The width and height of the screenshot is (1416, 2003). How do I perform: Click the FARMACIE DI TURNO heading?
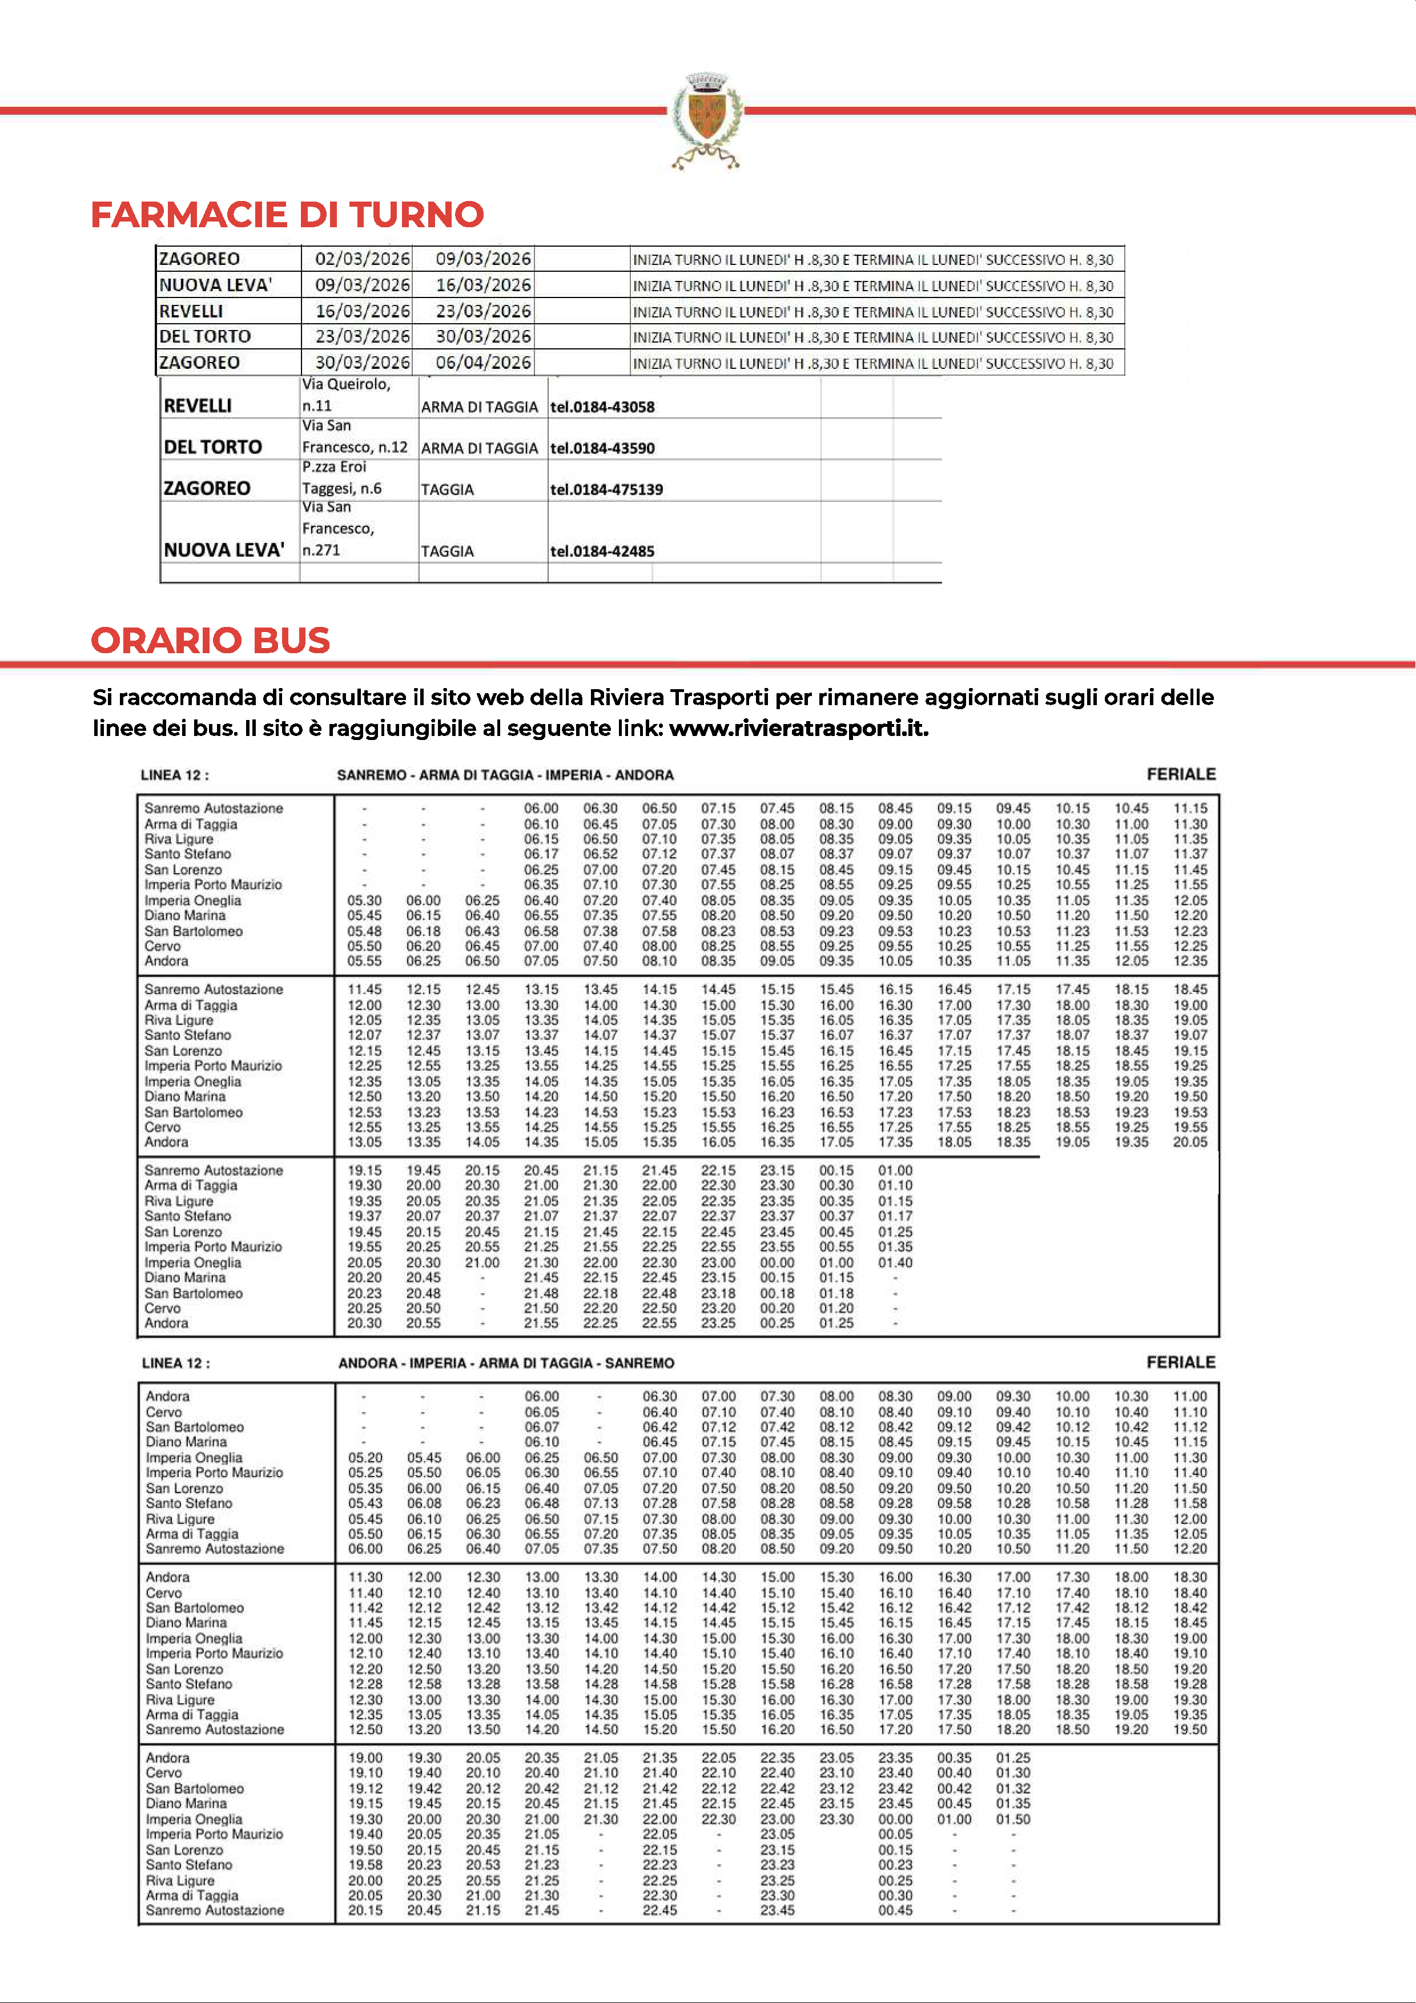click(x=287, y=215)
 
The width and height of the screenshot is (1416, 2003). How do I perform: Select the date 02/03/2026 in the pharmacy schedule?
click(x=362, y=259)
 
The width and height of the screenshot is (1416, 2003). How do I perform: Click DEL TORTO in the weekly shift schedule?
click(x=205, y=337)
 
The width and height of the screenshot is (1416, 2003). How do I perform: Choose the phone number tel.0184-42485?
click(x=602, y=552)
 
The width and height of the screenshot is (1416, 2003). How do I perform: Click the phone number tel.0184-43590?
click(x=602, y=448)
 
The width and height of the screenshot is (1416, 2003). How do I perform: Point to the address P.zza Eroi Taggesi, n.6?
click(x=342, y=477)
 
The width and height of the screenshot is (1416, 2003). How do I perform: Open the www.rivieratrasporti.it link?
click(x=798, y=729)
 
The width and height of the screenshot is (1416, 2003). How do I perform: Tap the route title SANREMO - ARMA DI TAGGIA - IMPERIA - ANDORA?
click(x=505, y=775)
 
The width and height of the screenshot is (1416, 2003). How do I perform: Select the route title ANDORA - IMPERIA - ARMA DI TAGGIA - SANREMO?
click(x=506, y=1363)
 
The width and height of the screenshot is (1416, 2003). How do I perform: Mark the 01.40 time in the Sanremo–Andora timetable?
click(x=895, y=1262)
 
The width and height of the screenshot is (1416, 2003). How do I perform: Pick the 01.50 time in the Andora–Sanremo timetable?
click(x=1013, y=1819)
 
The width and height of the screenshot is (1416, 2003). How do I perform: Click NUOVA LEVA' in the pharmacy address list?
click(x=224, y=550)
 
